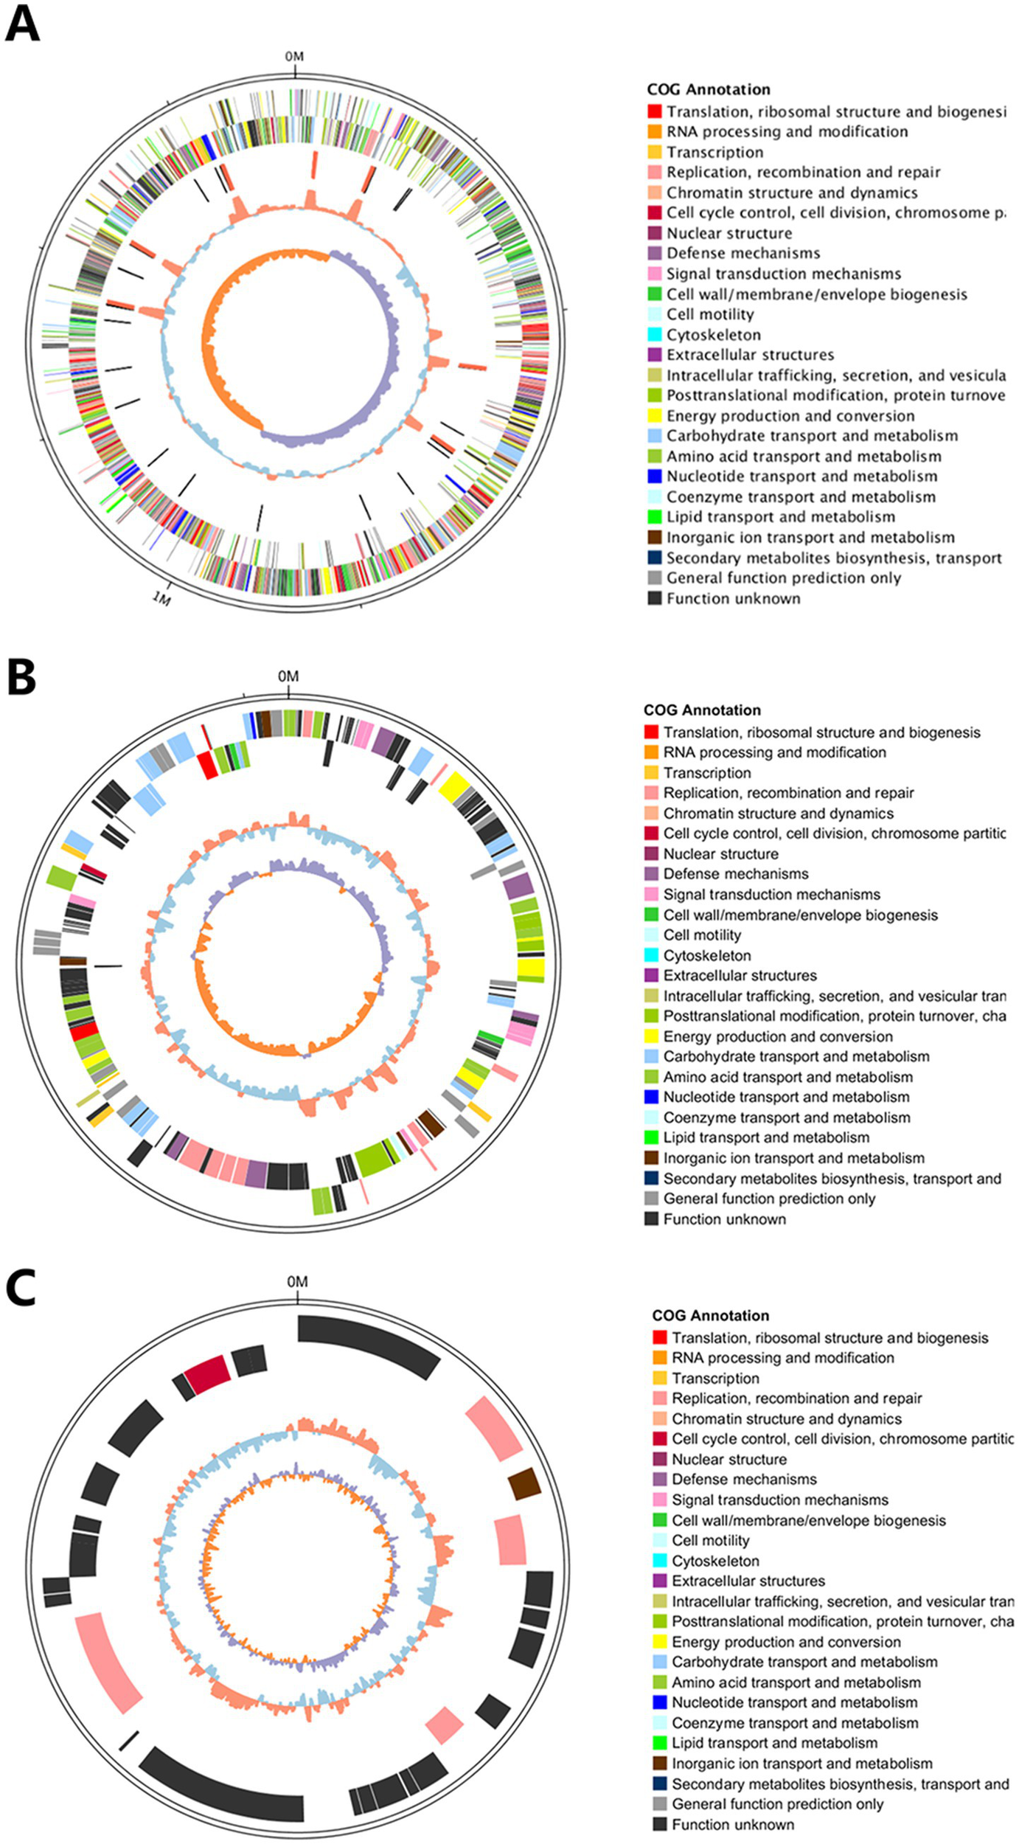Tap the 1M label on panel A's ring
point(161,597)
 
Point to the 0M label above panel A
point(294,57)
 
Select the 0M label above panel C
point(297,1282)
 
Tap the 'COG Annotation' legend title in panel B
point(701,710)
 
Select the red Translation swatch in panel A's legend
point(655,111)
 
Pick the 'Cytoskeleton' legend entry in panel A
point(713,335)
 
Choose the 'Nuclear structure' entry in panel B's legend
point(720,853)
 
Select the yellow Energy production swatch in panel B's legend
point(651,1036)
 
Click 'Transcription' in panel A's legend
point(714,152)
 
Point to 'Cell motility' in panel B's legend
point(701,935)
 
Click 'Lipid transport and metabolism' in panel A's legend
point(780,517)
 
